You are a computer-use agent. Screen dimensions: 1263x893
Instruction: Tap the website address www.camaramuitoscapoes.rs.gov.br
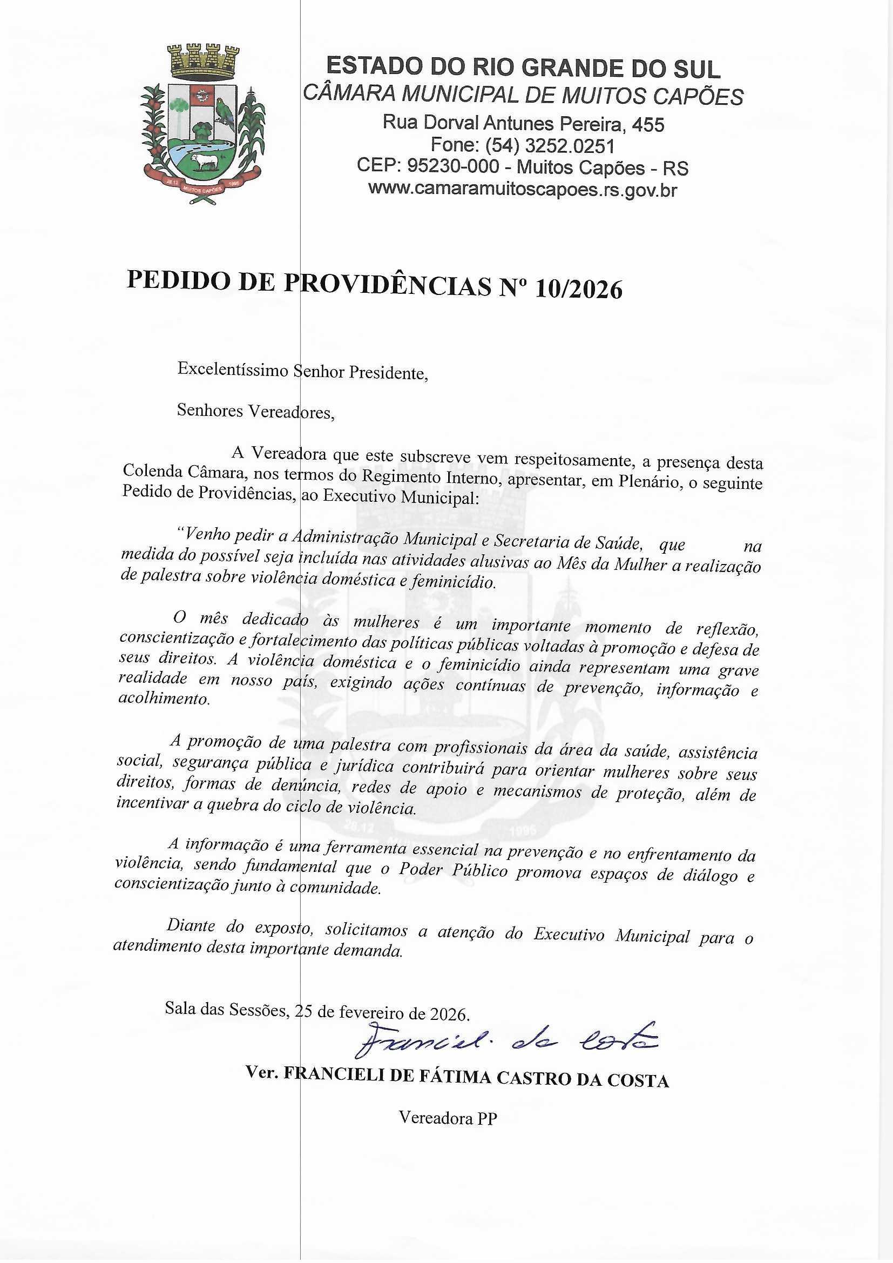523,190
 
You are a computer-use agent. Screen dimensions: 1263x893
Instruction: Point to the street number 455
648,125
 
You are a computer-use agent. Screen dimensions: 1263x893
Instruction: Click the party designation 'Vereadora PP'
448,1118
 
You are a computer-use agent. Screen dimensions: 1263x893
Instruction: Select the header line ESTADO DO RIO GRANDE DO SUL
523,68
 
